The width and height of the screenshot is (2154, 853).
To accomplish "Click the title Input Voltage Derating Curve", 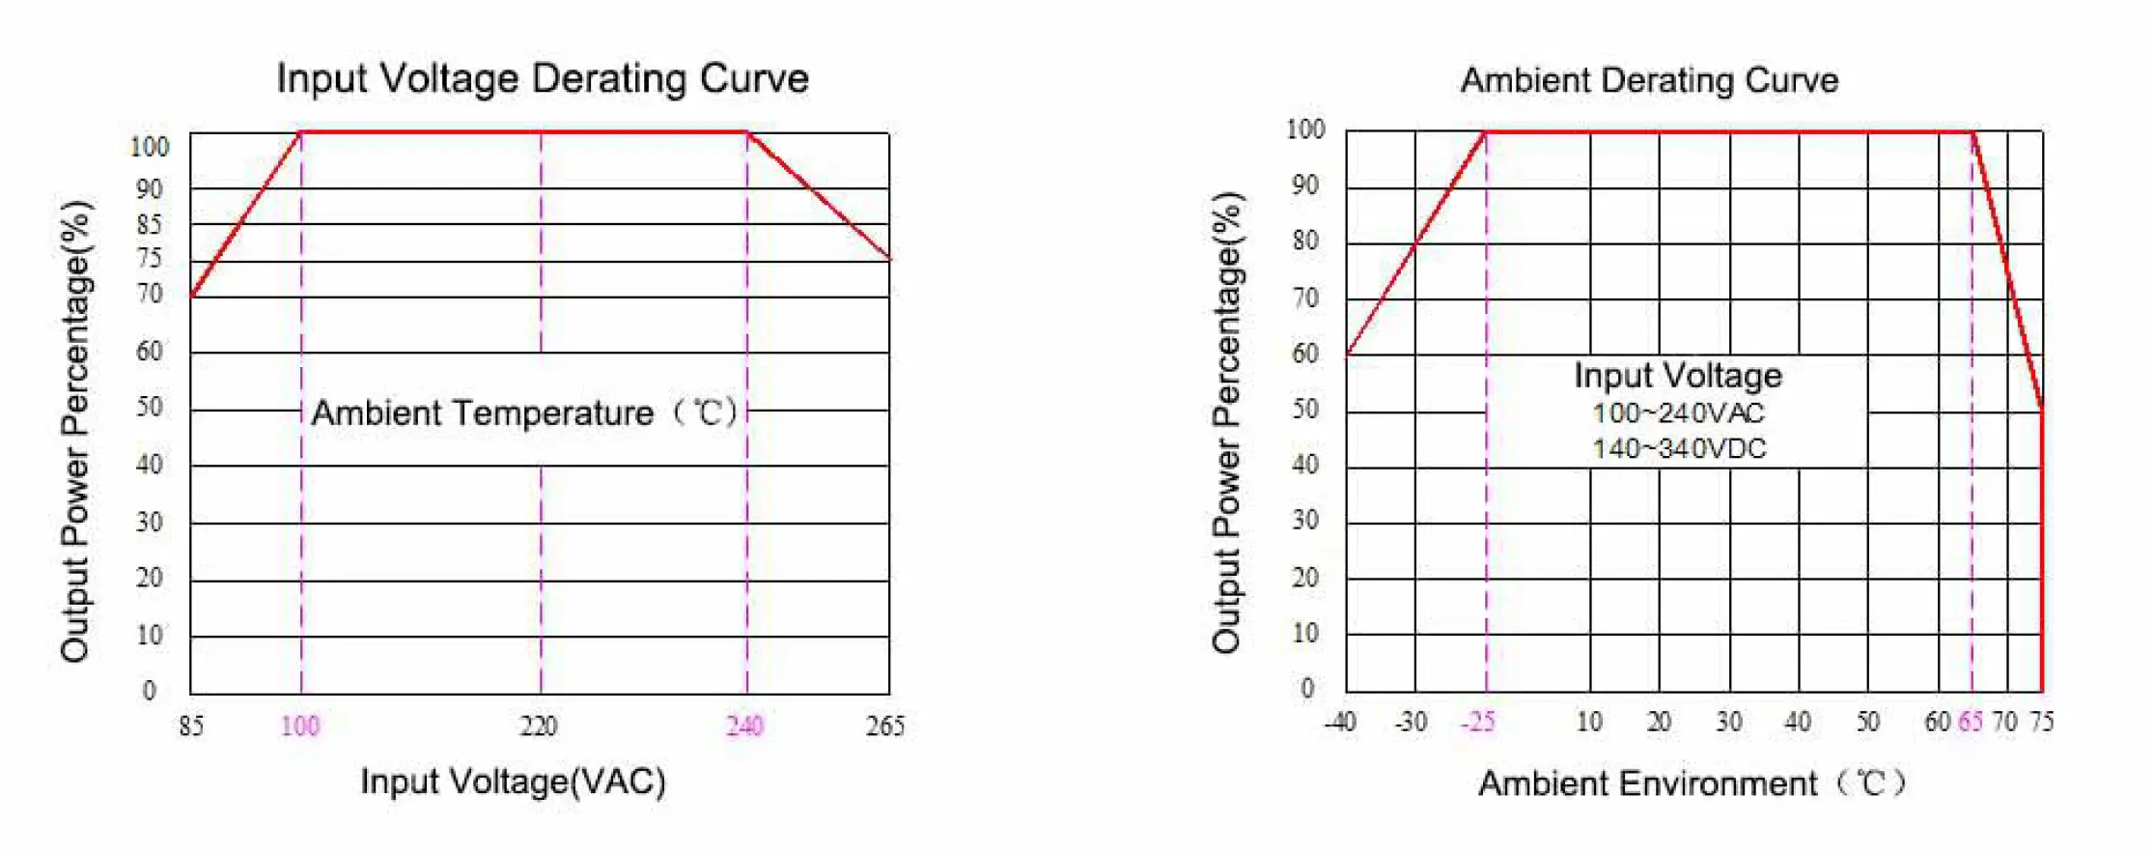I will click(543, 78).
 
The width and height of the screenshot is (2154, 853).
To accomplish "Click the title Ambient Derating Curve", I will click(1649, 80).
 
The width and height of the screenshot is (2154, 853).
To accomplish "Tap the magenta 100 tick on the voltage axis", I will click(300, 725).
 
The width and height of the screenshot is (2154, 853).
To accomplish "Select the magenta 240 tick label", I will click(745, 725).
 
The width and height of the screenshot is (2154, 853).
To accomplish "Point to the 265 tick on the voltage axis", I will click(884, 725).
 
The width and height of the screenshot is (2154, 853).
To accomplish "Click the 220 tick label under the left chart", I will click(539, 725).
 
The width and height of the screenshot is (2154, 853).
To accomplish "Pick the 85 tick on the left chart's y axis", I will click(149, 225).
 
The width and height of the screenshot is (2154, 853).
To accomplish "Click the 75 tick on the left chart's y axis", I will click(149, 259).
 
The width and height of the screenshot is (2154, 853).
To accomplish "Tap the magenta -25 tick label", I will click(1478, 722).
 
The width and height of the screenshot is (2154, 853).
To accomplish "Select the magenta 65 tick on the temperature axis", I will click(1971, 722).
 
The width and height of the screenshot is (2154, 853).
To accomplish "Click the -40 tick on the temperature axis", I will click(1340, 722).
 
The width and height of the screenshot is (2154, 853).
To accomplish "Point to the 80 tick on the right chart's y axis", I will click(1305, 241).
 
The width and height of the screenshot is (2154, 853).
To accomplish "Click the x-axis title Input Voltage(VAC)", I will click(513, 781).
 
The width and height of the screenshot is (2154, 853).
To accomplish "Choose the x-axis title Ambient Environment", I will click(1647, 782).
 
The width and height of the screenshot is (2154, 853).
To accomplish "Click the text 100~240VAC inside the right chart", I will click(1678, 413).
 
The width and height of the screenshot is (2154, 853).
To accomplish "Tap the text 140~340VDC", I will click(1678, 449).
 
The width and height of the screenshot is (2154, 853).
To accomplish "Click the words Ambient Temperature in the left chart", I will click(483, 413).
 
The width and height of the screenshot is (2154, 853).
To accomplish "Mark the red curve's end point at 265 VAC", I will click(888, 259).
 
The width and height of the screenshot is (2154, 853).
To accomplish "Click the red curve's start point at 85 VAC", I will click(191, 296).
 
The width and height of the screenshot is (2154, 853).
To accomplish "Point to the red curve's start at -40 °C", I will click(1347, 355).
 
